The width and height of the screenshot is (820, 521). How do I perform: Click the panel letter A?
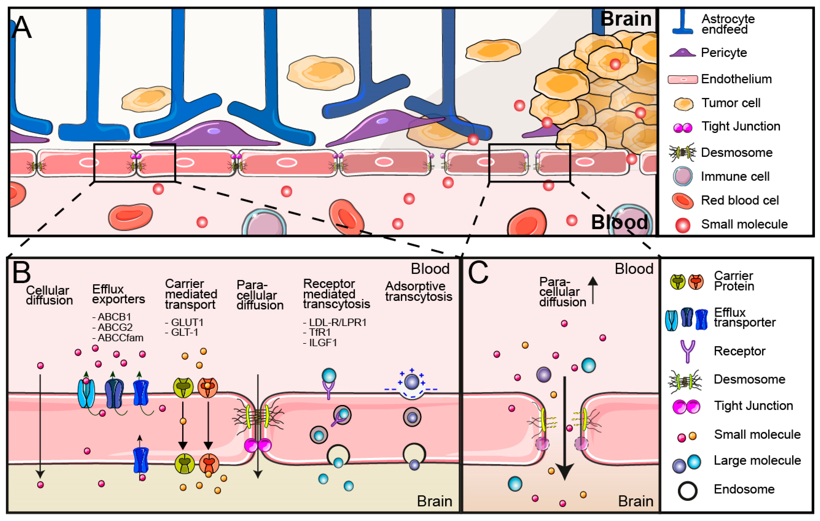(21, 27)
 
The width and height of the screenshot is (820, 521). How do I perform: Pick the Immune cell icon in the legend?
(682, 176)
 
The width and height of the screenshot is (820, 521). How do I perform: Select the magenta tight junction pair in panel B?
(258, 445)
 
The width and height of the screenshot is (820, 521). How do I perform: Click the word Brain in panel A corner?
(626, 19)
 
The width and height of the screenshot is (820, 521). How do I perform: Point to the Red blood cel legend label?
(740, 200)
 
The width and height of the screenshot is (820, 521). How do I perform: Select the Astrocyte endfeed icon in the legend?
(682, 22)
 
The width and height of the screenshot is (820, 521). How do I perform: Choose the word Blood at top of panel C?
(634, 269)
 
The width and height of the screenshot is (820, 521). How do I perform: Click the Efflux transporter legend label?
(744, 317)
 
